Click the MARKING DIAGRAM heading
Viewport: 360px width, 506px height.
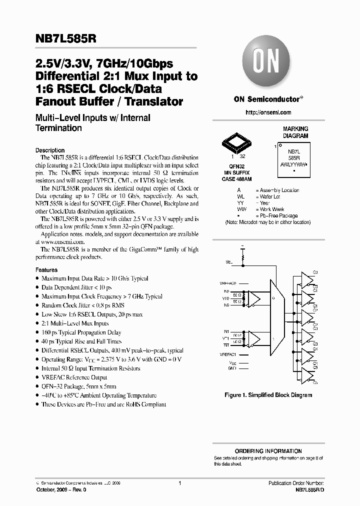[296, 132]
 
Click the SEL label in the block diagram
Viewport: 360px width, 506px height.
[229, 261]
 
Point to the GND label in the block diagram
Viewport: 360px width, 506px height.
[231, 367]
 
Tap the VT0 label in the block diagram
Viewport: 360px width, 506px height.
[226, 298]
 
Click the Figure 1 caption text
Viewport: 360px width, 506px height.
[268, 395]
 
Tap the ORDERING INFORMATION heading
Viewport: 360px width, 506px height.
[268, 451]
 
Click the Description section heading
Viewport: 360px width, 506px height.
[50, 150]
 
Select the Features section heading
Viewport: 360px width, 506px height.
[46, 270]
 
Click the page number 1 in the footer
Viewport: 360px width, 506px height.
[179, 483]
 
